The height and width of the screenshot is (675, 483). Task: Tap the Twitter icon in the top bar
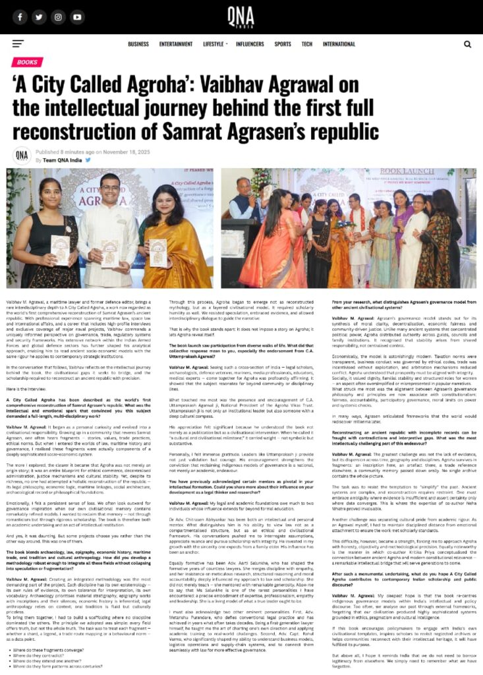pyautogui.click(x=39, y=17)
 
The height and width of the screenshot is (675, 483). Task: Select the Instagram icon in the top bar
pyautogui.click(x=58, y=17)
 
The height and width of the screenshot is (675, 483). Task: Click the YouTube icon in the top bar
pyautogui.click(x=77, y=17)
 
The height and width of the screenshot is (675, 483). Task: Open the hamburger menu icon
pyautogui.click(x=18, y=44)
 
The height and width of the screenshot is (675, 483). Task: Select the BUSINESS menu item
pyautogui.click(x=138, y=44)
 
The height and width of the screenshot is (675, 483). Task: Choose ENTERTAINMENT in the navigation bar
pyautogui.click(x=176, y=44)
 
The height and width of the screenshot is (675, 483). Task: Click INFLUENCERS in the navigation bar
pyautogui.click(x=250, y=44)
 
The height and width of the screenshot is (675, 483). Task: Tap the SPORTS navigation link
pyautogui.click(x=283, y=44)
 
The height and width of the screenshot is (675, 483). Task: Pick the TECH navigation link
pyautogui.click(x=307, y=44)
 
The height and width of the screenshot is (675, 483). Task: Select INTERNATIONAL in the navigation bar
pyautogui.click(x=339, y=44)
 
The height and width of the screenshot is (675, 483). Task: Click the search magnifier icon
pyautogui.click(x=467, y=44)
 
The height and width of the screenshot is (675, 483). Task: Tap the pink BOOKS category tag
pyautogui.click(x=27, y=63)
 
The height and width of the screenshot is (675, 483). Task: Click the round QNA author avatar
pyautogui.click(x=22, y=156)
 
